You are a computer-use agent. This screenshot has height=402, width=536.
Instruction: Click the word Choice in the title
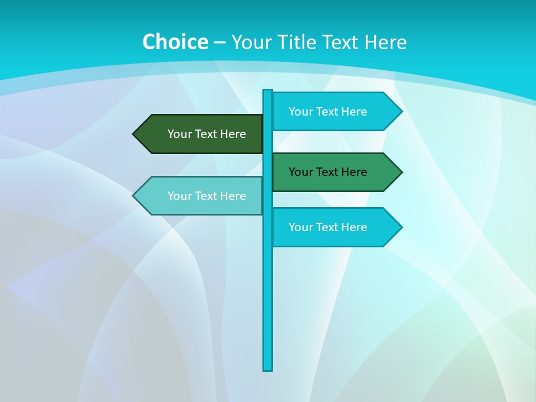click(175, 42)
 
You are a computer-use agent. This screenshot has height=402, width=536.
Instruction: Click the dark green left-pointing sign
click(201, 134)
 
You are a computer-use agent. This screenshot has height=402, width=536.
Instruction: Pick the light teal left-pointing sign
click(201, 195)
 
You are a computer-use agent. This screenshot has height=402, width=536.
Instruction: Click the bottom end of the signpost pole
click(268, 368)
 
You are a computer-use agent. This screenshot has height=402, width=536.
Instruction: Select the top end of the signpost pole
click(268, 92)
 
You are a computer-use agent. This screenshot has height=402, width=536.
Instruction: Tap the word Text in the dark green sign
click(207, 134)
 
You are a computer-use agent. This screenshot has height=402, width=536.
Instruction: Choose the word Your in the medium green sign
click(300, 172)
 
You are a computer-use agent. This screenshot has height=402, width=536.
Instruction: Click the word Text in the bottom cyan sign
click(328, 227)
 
